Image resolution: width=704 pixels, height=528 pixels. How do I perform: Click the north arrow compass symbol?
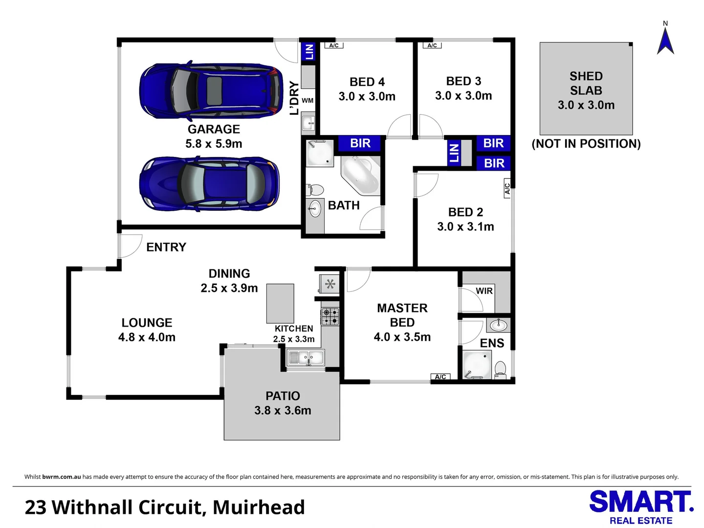(665, 42)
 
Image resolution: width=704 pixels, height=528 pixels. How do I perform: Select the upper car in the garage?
(211, 90)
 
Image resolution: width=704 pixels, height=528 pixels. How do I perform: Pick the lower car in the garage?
(210, 183)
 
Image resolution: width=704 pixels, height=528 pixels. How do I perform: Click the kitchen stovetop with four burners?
(330, 316)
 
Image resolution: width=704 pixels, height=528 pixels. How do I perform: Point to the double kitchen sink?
(306, 358)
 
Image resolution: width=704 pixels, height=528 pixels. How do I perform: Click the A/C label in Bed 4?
(334, 45)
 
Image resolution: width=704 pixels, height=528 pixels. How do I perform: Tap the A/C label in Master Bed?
(440, 376)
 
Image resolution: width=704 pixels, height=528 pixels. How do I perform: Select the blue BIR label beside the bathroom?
(360, 143)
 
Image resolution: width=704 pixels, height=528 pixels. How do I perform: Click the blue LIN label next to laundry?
(309, 51)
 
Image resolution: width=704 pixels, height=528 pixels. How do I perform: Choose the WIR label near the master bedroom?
(484, 291)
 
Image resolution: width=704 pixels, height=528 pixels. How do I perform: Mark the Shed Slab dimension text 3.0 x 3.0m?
(586, 105)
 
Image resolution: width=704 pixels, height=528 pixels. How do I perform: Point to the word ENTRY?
(166, 247)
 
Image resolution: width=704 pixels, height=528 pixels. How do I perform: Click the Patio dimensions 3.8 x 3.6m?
(283, 411)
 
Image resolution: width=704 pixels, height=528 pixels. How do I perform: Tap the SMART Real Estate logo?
(641, 507)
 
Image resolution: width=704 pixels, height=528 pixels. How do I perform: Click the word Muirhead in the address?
(259, 507)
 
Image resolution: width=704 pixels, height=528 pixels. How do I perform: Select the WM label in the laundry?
(308, 101)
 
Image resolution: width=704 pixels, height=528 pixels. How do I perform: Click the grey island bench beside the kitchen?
(280, 304)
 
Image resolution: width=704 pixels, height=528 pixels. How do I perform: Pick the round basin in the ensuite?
(499, 325)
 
